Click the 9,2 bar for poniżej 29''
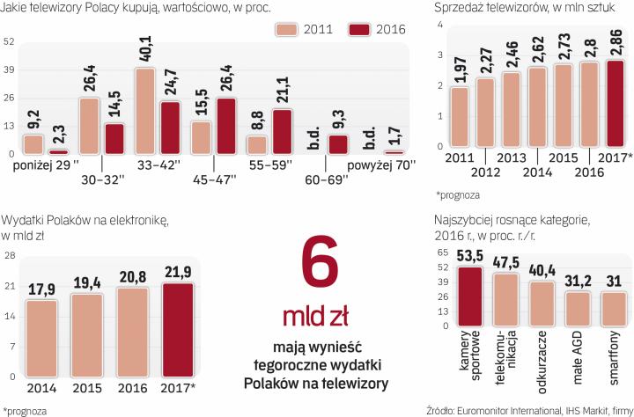(x=33, y=143)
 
